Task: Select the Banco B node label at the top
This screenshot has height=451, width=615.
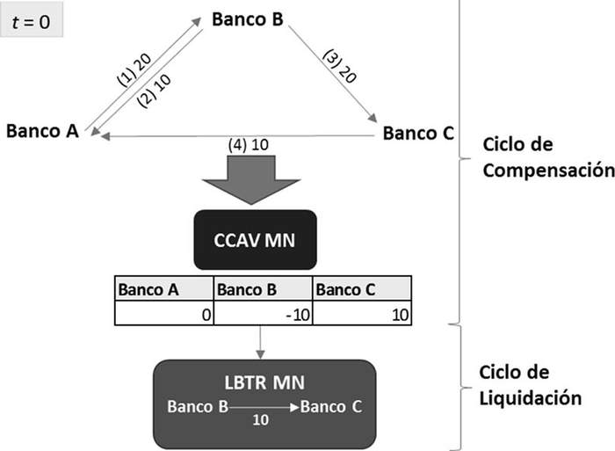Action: click(247, 18)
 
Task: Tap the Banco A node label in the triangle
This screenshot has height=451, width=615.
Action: click(43, 131)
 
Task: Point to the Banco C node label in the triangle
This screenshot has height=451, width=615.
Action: click(418, 134)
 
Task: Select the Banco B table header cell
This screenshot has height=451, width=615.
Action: click(263, 288)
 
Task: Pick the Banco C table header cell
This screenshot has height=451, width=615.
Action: click(361, 288)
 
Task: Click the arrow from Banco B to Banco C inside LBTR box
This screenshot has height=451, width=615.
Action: click(264, 406)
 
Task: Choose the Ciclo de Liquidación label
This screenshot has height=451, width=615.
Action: click(531, 386)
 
